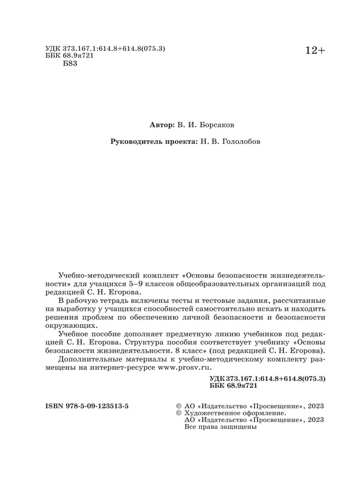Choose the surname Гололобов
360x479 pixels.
[236, 142]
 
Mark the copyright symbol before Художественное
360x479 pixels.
[178, 413]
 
